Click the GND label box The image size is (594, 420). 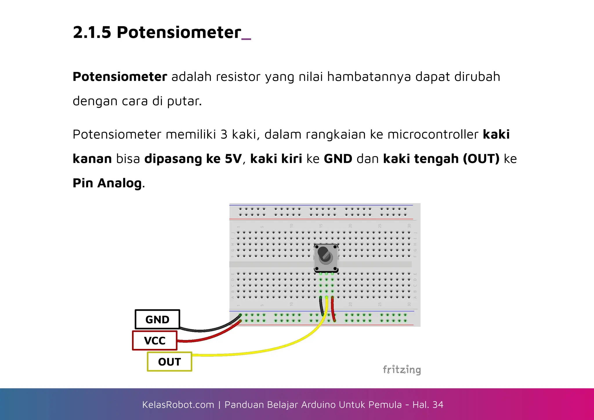click(157, 319)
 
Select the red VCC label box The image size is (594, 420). click(155, 341)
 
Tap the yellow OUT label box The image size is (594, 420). click(169, 362)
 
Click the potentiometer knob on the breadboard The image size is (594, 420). click(326, 256)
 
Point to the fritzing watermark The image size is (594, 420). click(402, 370)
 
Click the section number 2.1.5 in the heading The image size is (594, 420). click(92, 32)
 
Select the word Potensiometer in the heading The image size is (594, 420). click(179, 32)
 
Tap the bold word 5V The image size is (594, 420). click(233, 159)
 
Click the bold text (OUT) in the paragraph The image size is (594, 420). click(481, 159)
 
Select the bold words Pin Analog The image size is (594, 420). click(107, 183)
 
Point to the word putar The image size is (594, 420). click(184, 101)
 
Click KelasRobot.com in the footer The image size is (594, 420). click(178, 405)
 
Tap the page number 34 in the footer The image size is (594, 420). click(438, 405)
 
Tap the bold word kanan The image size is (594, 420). click(92, 159)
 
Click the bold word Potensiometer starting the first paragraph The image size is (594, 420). click(120, 77)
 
